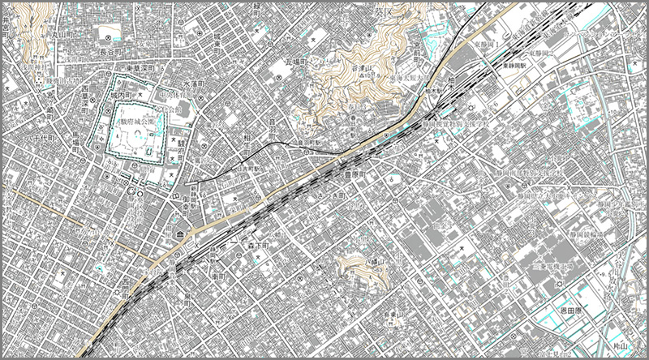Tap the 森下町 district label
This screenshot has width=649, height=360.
(x=260, y=242)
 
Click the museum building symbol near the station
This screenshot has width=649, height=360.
(x=179, y=235)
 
